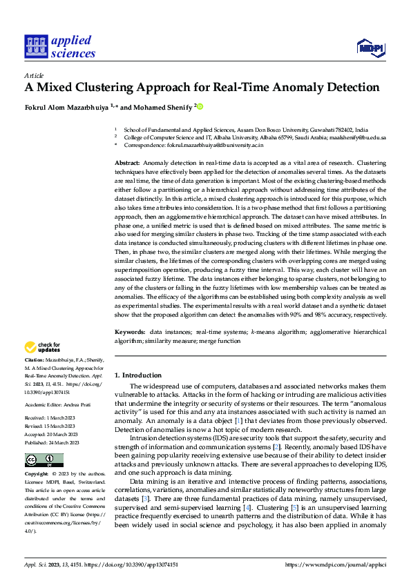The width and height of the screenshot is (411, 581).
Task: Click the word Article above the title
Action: [x=34, y=75]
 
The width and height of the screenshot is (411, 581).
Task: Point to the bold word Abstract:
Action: [x=127, y=161]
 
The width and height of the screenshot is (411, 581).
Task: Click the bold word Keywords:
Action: [x=129, y=331]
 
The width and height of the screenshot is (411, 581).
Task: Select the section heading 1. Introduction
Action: [x=137, y=373]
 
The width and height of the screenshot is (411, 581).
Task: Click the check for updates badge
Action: [x=43, y=348]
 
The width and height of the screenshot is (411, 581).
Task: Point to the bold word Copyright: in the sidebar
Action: [x=36, y=455]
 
